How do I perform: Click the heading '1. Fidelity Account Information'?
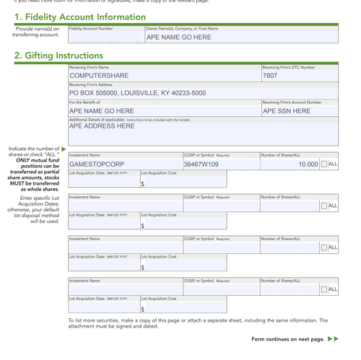click(x=80, y=17)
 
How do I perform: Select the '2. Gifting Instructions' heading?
click(x=58, y=56)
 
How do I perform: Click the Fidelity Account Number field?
click(x=105, y=37)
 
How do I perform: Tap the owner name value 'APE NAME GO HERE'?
click(x=179, y=37)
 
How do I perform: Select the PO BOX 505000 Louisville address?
click(x=137, y=93)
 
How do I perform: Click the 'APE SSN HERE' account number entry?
click(x=287, y=111)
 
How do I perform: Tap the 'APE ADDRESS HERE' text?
click(x=102, y=126)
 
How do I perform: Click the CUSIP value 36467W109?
click(x=201, y=164)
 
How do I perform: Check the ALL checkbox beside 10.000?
click(x=323, y=164)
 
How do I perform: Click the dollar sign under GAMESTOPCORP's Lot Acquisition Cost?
click(x=143, y=184)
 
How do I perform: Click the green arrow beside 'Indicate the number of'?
click(x=64, y=149)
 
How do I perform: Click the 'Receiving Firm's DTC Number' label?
click(x=289, y=67)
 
